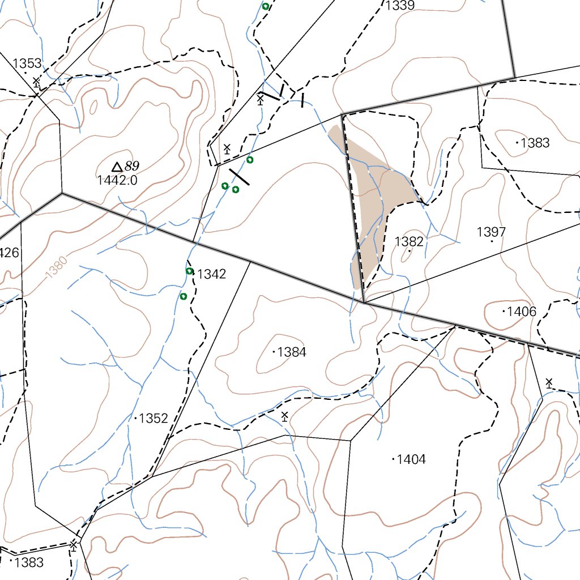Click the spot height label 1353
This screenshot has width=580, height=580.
[27, 63]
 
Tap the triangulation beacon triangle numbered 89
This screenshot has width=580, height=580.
[117, 167]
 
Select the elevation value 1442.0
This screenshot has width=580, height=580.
[117, 181]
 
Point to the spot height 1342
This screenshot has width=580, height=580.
[211, 274]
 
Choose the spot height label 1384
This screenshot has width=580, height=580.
[292, 352]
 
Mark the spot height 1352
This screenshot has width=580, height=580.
[153, 419]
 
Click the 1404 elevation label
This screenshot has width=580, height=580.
[411, 459]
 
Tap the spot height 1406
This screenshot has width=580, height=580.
[521, 312]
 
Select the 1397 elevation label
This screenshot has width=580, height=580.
[491, 232]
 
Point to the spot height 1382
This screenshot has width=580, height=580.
[409, 242]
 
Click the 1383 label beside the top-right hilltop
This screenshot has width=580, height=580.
[535, 143]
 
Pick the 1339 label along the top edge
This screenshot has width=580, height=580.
[400, 6]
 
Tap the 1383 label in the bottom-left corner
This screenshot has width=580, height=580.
[29, 562]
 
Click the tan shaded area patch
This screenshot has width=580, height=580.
[377, 193]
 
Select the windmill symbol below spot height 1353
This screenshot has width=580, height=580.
[36, 82]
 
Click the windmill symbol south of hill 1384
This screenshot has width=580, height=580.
[284, 417]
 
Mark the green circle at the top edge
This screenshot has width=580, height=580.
[265, 7]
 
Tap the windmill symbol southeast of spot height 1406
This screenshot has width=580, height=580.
[549, 383]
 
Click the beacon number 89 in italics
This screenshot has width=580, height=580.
[132, 166]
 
